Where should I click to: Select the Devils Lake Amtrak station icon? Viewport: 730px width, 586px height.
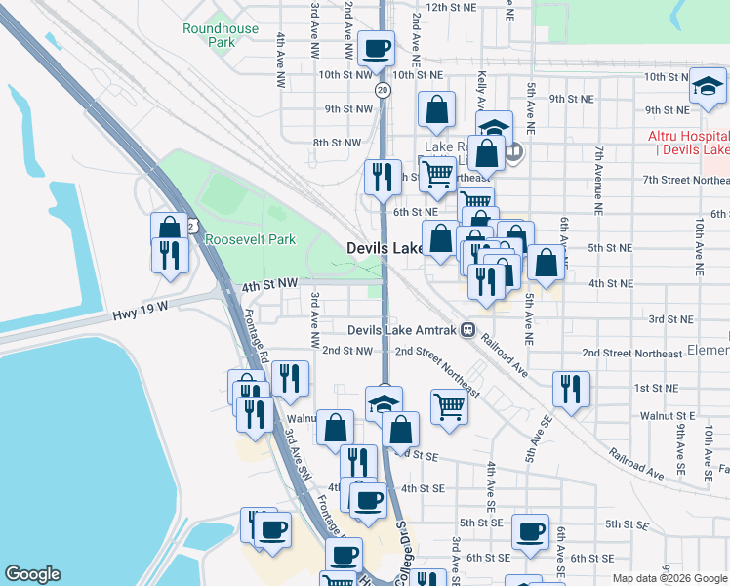pyautogui.click(x=468, y=329)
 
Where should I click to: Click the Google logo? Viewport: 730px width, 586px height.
pyautogui.click(x=32, y=574)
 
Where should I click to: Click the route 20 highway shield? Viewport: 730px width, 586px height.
pyautogui.click(x=383, y=89)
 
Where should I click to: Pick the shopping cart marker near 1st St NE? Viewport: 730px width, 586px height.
pyautogui.click(x=449, y=403)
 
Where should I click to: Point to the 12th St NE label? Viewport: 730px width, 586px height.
pyautogui.click(x=450, y=7)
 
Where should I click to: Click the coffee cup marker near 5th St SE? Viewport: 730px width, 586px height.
pyautogui.click(x=530, y=531)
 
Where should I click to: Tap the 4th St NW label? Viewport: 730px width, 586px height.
pyautogui.click(x=269, y=284)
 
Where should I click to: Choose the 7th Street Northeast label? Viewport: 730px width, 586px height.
pyautogui.click(x=686, y=180)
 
